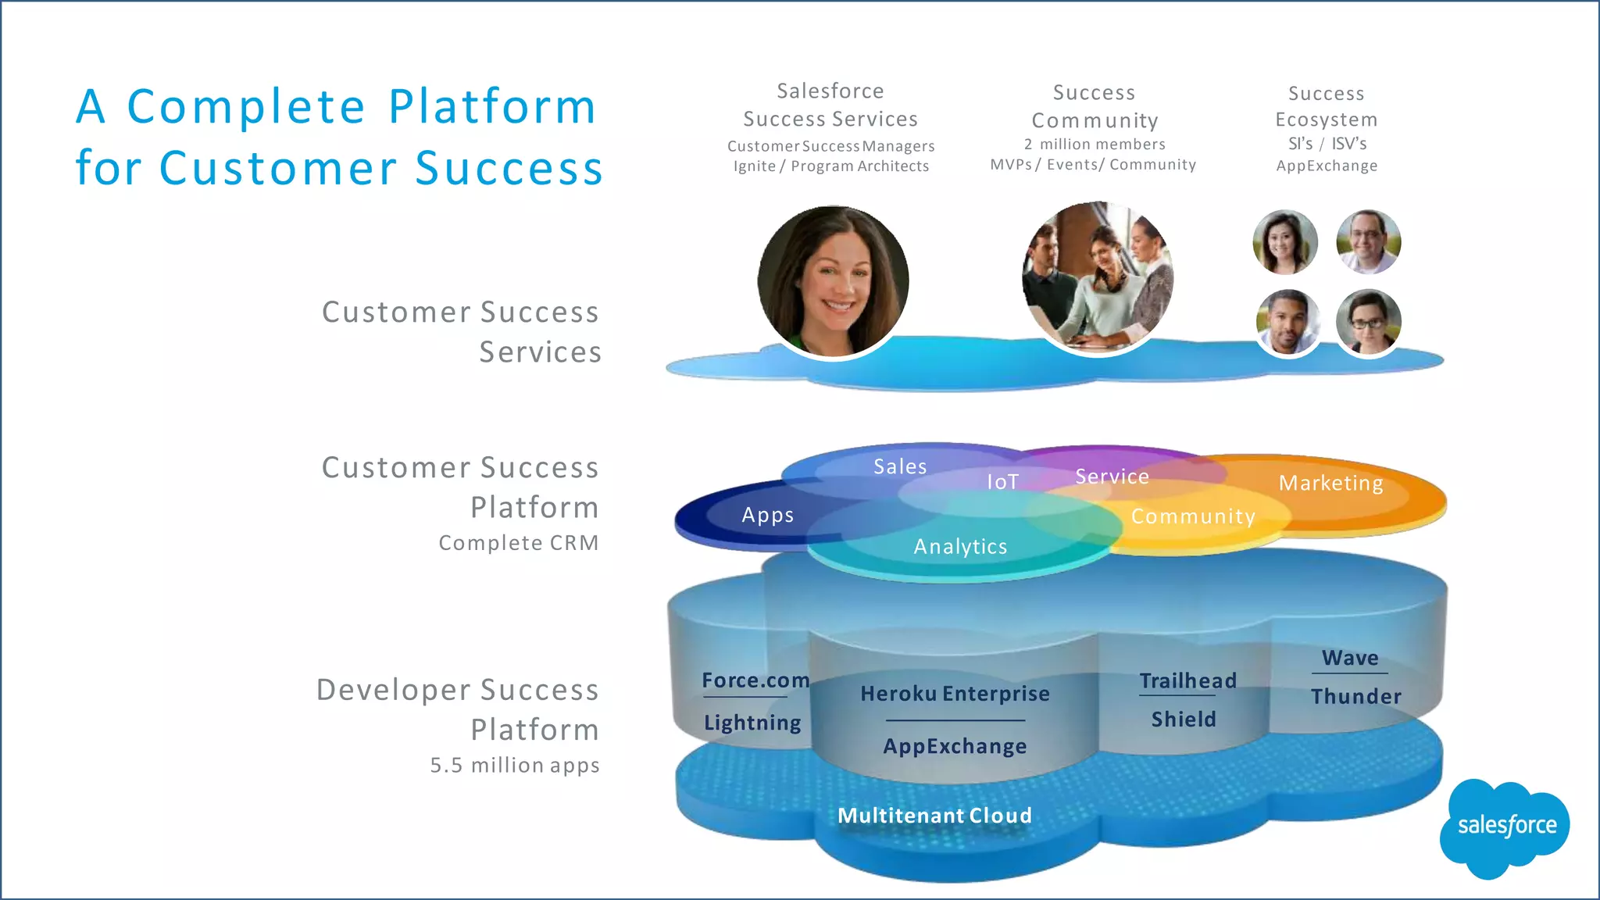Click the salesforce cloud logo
(x=1505, y=827)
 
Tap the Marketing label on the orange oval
(x=1330, y=484)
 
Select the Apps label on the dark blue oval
(x=767, y=516)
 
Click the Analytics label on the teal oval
(x=960, y=547)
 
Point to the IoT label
(x=1002, y=482)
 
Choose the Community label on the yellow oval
(x=1193, y=516)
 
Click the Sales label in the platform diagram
(x=900, y=467)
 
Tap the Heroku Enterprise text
(x=955, y=694)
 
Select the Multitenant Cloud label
(x=934, y=816)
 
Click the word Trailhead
(x=1187, y=680)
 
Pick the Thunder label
(x=1355, y=696)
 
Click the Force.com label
(x=755, y=680)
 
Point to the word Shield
(x=1184, y=720)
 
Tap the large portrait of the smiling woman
(x=833, y=281)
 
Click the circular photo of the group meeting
(x=1097, y=277)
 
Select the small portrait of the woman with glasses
(x=1368, y=322)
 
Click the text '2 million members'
(x=1095, y=145)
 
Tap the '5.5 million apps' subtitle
(x=515, y=766)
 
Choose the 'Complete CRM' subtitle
(x=519, y=543)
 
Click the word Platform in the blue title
(x=492, y=107)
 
